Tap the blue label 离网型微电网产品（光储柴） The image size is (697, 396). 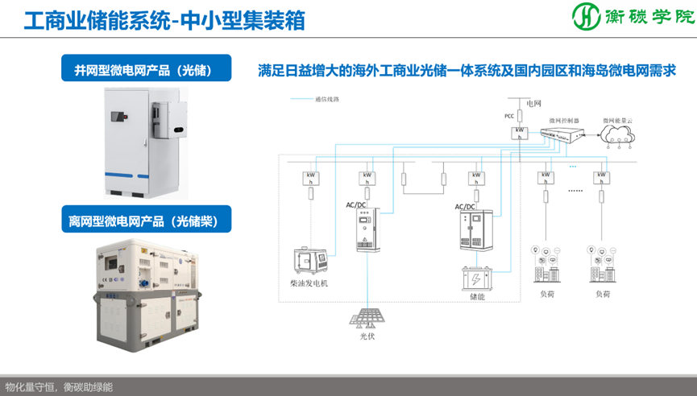point(146,219)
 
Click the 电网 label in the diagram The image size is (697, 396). point(533,104)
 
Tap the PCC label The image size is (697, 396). point(508,116)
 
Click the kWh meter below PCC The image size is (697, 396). point(521,132)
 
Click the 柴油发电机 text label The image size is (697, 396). point(309,284)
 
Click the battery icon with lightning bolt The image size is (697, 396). point(476,280)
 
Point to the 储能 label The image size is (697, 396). point(476,298)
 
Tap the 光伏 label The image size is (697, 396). point(367,336)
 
